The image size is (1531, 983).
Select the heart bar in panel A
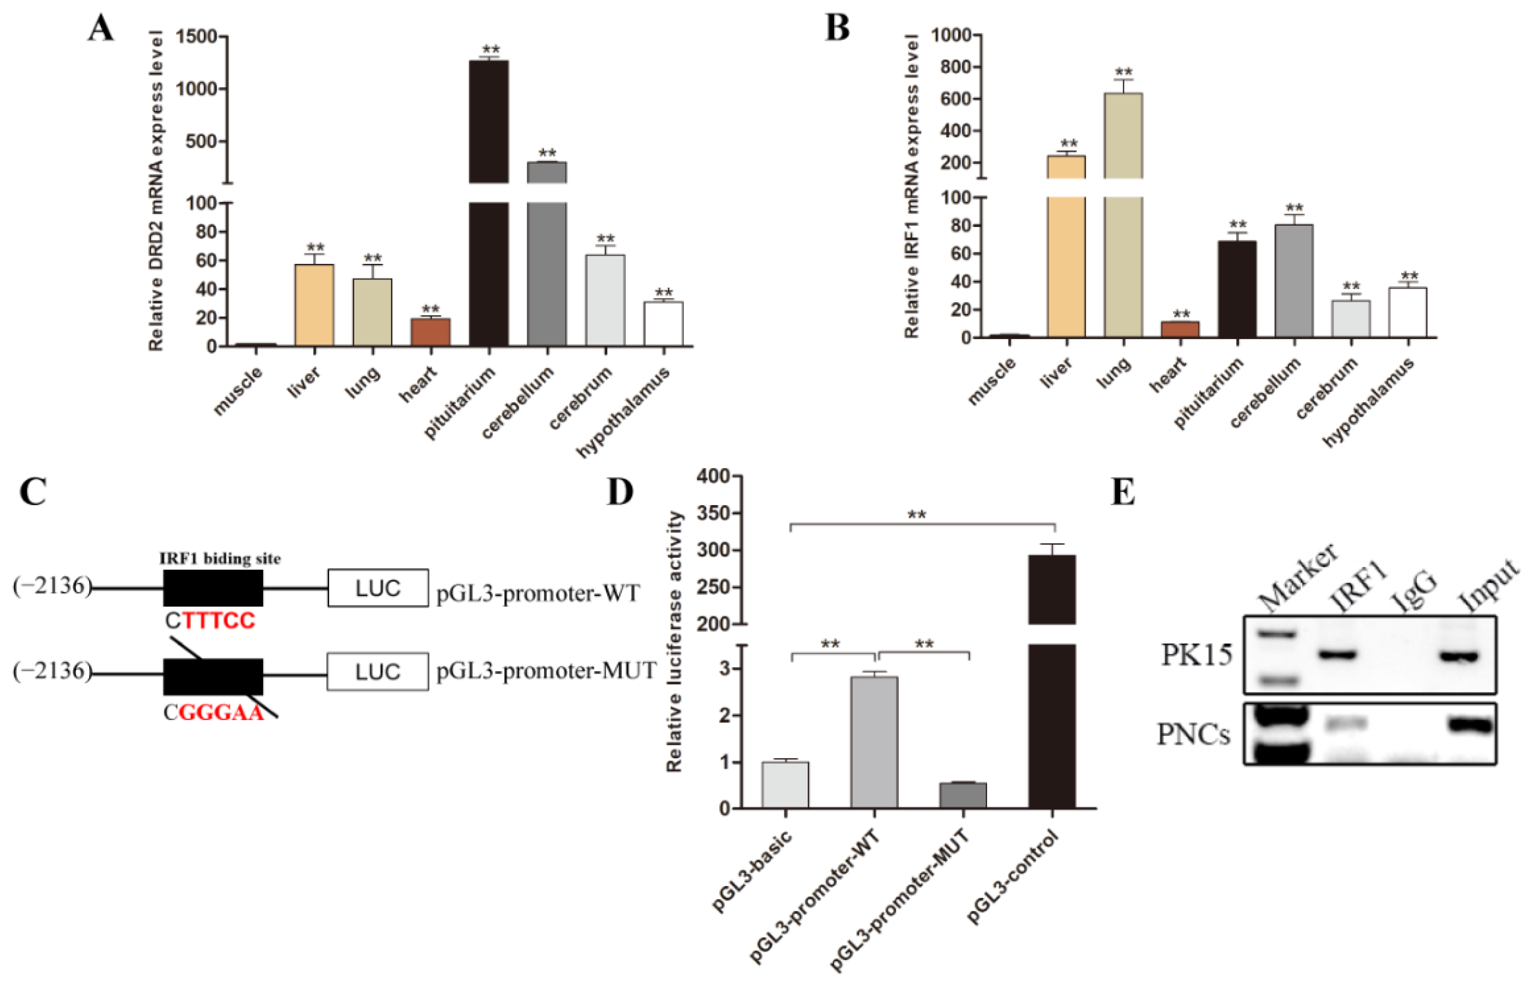[x=430, y=332]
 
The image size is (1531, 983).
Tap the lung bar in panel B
[x=1123, y=255]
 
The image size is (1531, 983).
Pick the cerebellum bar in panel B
[x=1294, y=281]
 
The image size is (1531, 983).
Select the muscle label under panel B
[x=991, y=381]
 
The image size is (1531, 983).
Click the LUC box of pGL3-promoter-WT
[x=378, y=588]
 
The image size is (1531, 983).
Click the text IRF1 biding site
[x=219, y=558]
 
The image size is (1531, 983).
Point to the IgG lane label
[x=1416, y=590]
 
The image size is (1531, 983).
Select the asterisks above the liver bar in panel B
[x=1068, y=144]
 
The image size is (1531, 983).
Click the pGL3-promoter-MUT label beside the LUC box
[x=546, y=671]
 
